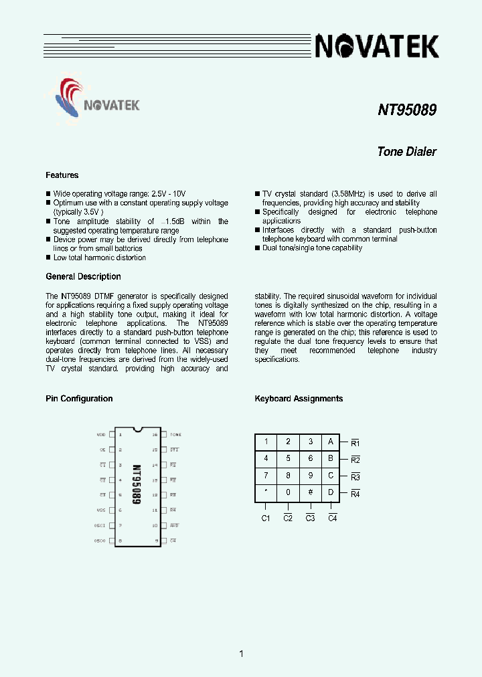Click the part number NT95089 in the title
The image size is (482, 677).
click(x=407, y=109)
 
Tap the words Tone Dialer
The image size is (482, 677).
click(x=406, y=151)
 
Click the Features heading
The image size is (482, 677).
click(x=62, y=175)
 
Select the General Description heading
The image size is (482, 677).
click(x=83, y=276)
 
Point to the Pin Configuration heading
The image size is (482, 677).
click(x=79, y=399)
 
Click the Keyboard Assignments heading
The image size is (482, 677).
click(x=299, y=399)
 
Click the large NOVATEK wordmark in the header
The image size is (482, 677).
click(x=377, y=46)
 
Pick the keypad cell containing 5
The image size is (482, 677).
click(x=288, y=459)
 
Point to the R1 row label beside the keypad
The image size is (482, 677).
click(x=355, y=443)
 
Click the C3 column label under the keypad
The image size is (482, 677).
click(x=310, y=518)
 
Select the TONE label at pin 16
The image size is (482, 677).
click(x=175, y=435)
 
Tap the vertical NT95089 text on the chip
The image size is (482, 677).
click(x=137, y=485)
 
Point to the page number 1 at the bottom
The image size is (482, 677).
click(x=241, y=654)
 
